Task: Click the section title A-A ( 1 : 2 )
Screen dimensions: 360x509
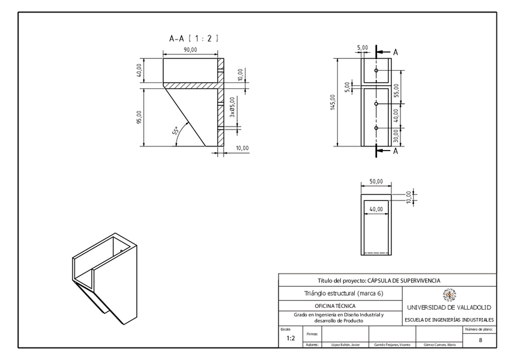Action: pyautogui.click(x=193, y=38)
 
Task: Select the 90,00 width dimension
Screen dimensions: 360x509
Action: pyautogui.click(x=190, y=50)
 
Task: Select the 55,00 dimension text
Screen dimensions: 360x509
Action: pyautogui.click(x=397, y=90)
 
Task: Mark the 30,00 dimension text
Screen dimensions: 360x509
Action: pyautogui.click(x=397, y=137)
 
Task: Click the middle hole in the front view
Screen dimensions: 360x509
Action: pyautogui.click(x=376, y=104)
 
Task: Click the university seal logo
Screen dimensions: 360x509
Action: pyautogui.click(x=449, y=295)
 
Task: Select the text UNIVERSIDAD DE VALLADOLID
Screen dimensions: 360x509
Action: pyautogui.click(x=449, y=307)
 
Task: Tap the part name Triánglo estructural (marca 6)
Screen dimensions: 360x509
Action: pyautogui.click(x=340, y=293)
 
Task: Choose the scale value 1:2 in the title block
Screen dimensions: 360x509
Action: pyautogui.click(x=291, y=338)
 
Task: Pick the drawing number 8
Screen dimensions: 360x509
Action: pyautogui.click(x=480, y=340)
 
